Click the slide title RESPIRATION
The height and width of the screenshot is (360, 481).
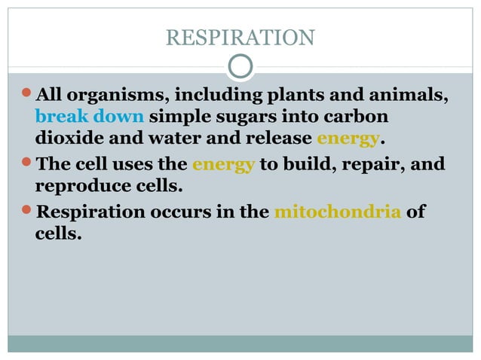[240, 37]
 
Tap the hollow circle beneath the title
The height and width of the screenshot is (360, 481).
[240, 66]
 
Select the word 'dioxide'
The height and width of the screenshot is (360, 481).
[68, 139]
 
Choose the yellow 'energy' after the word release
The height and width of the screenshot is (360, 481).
[348, 140]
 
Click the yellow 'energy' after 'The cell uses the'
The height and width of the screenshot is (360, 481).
[224, 164]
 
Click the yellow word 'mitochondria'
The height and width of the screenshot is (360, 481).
[337, 212]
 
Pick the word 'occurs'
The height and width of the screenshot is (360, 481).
[184, 212]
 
